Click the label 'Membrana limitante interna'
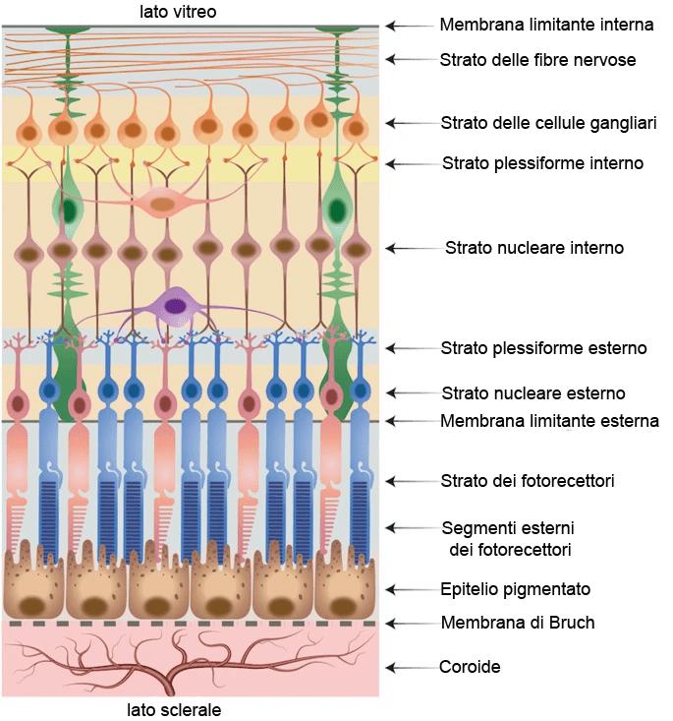pyautogui.click(x=534, y=25)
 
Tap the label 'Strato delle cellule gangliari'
pyautogui.click(x=548, y=123)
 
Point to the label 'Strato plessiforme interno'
pyautogui.click(x=542, y=163)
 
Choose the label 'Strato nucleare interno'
pyautogui.click(x=534, y=248)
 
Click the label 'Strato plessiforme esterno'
pyautogui.click(x=543, y=348)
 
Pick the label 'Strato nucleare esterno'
pyautogui.click(x=533, y=393)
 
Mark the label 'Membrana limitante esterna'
pyautogui.click(x=549, y=422)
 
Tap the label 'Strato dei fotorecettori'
pyautogui.click(x=528, y=481)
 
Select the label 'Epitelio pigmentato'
pyautogui.click(x=516, y=589)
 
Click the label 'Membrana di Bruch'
pyautogui.click(x=518, y=623)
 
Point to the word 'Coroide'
pyautogui.click(x=470, y=667)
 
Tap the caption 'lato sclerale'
pyautogui.click(x=174, y=709)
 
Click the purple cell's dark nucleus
pyautogui.click(x=176, y=306)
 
